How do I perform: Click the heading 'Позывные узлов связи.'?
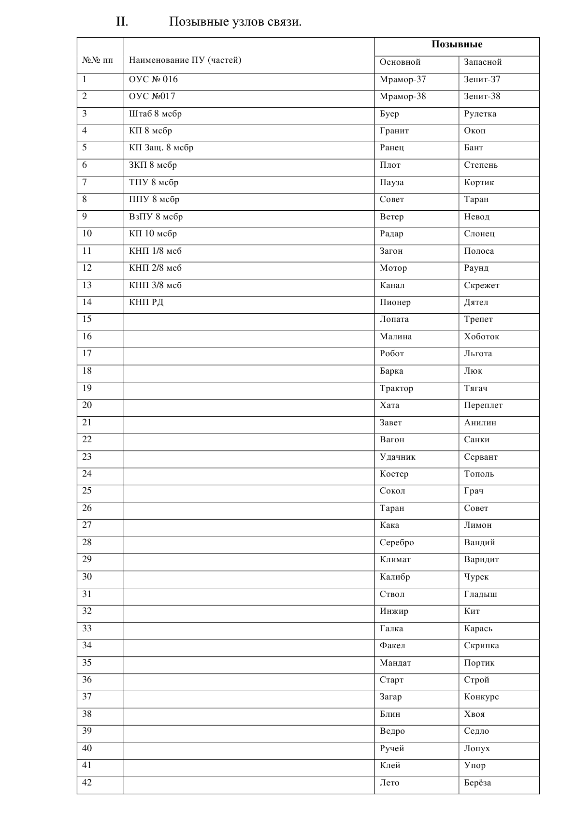click(235, 22)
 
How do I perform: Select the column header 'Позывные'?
click(457, 44)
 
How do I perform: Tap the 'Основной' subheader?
click(400, 62)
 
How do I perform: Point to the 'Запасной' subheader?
click(483, 62)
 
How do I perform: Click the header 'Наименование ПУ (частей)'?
click(185, 60)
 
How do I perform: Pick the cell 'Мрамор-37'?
click(402, 79)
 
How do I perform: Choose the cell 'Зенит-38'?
click(482, 96)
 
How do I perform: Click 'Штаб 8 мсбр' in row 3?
click(155, 114)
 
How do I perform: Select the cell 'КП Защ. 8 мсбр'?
click(161, 147)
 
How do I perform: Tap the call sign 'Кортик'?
click(479, 182)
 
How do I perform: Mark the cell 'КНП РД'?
click(146, 302)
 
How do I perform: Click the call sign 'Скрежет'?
click(481, 285)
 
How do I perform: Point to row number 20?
click(87, 405)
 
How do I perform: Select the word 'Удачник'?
click(397, 457)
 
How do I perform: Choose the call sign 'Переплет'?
click(483, 405)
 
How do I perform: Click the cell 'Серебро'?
click(397, 542)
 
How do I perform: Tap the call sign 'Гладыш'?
click(480, 594)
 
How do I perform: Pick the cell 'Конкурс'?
click(481, 697)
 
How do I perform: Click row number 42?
click(87, 783)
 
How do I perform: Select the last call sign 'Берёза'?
click(477, 783)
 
